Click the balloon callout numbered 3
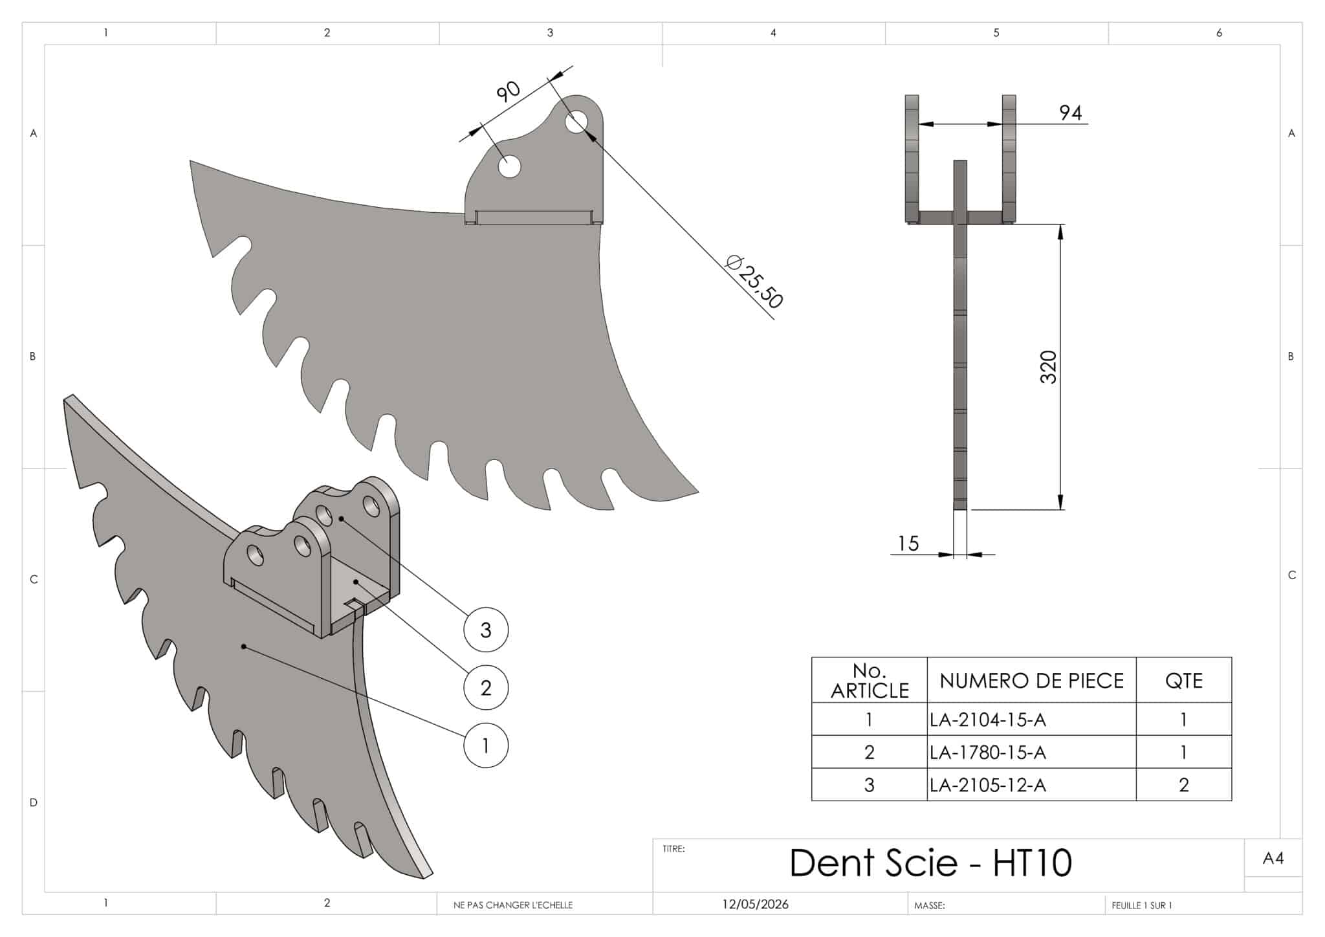[x=486, y=630]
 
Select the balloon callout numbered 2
[x=486, y=687]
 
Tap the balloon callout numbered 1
[x=486, y=745]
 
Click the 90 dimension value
[x=509, y=91]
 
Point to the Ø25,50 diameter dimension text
[x=754, y=281]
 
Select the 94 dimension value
[x=1070, y=113]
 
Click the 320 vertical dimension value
[x=1048, y=367]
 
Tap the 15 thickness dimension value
[x=908, y=544]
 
